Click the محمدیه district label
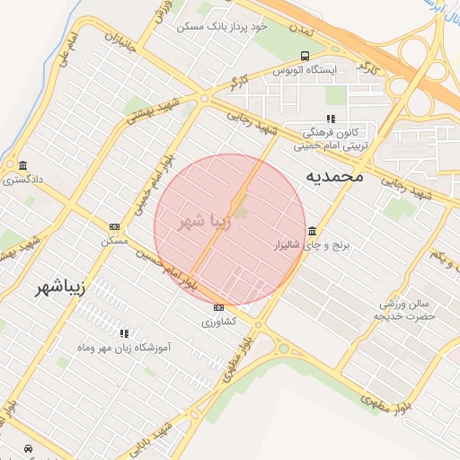click(335, 175)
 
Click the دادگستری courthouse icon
click(22, 165)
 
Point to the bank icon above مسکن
click(114, 226)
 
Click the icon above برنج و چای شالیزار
click(311, 230)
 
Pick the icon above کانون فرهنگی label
click(331, 118)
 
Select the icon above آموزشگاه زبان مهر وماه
click(125, 332)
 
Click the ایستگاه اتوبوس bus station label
click(305, 69)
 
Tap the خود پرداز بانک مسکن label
click(223, 27)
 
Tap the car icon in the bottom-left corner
click(28, 447)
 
